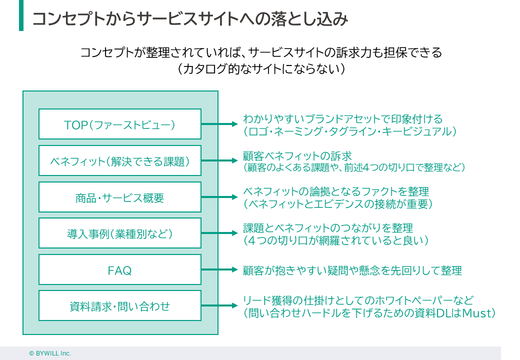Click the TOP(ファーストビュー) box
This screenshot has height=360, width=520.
[x=120, y=124]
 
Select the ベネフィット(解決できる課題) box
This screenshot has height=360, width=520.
[x=120, y=160]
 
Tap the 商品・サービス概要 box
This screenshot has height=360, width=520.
[x=120, y=197]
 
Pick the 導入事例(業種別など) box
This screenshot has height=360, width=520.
[x=120, y=233]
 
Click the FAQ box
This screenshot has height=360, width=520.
[x=120, y=269]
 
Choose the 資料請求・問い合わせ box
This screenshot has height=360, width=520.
[x=120, y=305]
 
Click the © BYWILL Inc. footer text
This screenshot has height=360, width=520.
[x=50, y=353]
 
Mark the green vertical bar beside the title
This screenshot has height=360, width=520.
[x=21, y=15]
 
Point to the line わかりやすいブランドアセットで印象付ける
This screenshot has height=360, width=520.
[x=342, y=119]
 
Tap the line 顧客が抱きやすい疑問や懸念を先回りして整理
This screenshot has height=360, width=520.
[x=352, y=270]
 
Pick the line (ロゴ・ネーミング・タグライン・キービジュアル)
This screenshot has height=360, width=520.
[x=350, y=131]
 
